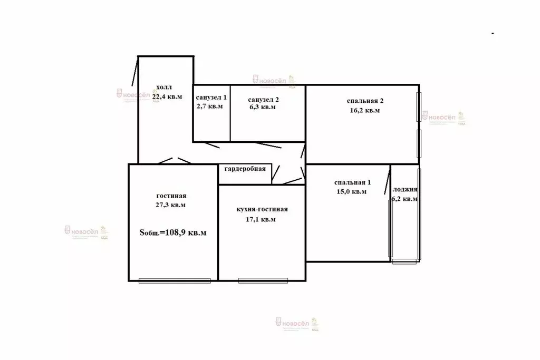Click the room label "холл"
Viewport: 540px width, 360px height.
pyautogui.click(x=163, y=87)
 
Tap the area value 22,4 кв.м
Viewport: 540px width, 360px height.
pyautogui.click(x=167, y=96)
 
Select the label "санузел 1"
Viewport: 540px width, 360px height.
pyautogui.click(x=211, y=98)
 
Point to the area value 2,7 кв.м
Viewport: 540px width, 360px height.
pyautogui.click(x=209, y=106)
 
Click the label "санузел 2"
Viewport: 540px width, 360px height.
pyautogui.click(x=264, y=99)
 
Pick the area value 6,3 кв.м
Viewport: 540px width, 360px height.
pyautogui.click(x=262, y=107)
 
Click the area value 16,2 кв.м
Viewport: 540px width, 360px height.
pyautogui.click(x=364, y=111)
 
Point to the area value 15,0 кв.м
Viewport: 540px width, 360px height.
pyautogui.click(x=351, y=192)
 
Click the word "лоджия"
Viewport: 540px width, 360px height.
pyautogui.click(x=406, y=190)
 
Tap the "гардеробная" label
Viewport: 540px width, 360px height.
pyautogui.click(x=245, y=169)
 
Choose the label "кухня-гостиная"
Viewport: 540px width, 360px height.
pyautogui.click(x=263, y=209)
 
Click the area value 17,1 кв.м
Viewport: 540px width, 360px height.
pyautogui.click(x=263, y=219)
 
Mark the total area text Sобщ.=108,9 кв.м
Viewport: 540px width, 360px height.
pyautogui.click(x=173, y=232)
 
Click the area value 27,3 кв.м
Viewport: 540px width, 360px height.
pyautogui.click(x=171, y=205)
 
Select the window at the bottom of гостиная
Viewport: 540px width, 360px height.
pyautogui.click(x=175, y=280)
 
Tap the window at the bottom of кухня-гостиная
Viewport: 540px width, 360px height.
pyautogui.click(x=263, y=280)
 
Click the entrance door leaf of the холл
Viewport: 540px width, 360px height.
pyautogui.click(x=135, y=73)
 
